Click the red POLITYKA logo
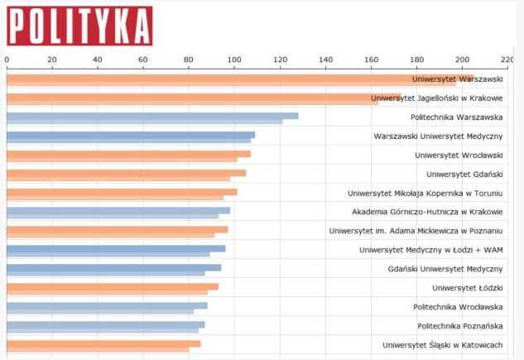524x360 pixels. coord(79,26)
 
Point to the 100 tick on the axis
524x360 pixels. coord(234,60)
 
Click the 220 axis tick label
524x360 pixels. coord(507,60)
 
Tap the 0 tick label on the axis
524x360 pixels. coord(7,60)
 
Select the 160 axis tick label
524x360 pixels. coord(371,60)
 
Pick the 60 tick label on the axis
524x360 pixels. coord(143,60)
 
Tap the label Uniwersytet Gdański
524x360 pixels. coord(464,174)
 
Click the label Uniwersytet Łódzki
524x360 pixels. coord(468,288)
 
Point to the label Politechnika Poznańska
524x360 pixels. coord(459,326)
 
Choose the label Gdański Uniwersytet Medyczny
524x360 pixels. coord(445,269)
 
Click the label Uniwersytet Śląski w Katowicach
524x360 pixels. coord(443,345)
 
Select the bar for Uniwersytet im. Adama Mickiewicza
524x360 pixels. coord(117,231)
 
